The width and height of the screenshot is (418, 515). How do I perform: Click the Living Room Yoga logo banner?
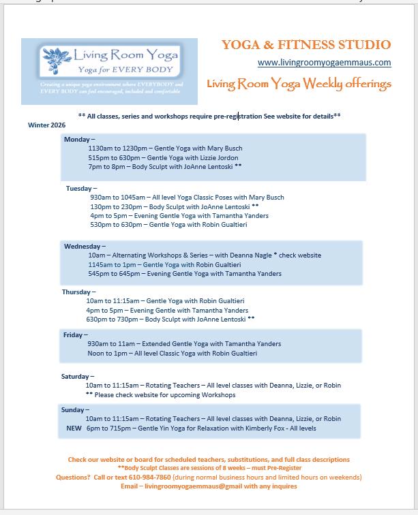109,71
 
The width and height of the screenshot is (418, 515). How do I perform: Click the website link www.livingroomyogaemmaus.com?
324,63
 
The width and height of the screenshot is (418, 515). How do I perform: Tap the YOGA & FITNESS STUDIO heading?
306,45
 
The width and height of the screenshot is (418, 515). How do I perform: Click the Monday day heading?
79,139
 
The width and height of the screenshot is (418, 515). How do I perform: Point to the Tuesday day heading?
81,188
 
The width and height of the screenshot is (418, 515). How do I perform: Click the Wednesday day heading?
85,246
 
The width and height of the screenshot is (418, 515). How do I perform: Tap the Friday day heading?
75,334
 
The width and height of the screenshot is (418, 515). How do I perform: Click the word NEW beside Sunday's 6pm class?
74,428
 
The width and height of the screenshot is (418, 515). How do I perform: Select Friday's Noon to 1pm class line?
173,354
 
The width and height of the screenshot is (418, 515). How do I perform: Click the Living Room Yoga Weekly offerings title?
299,84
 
